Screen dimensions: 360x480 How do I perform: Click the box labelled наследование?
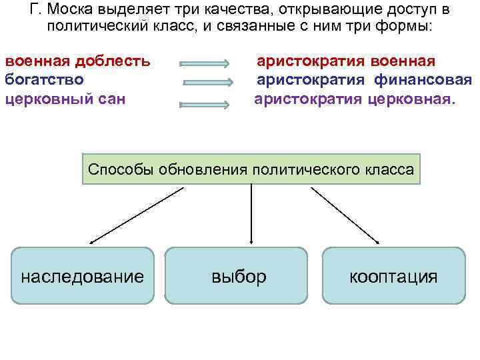(83, 276)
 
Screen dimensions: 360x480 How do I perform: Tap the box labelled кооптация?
(393, 276)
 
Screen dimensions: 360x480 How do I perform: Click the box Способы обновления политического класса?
(251, 169)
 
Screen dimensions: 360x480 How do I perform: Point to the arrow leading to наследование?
(137, 215)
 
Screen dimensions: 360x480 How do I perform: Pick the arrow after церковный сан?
(205, 104)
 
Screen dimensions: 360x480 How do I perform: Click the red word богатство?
(44, 80)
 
